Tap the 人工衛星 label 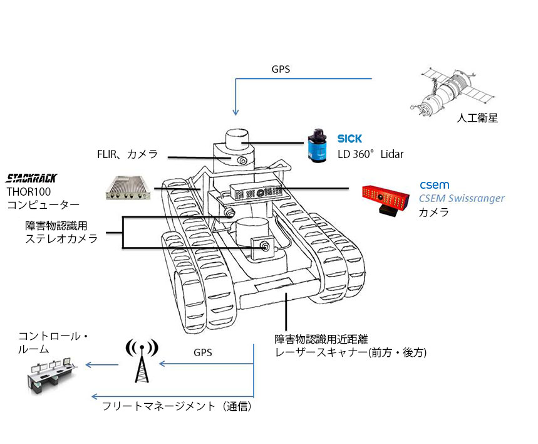[478, 117]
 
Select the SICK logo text [349, 139]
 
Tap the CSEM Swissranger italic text [461, 199]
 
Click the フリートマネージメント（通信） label [177, 406]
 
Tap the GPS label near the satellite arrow [281, 70]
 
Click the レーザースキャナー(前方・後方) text [351, 352]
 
